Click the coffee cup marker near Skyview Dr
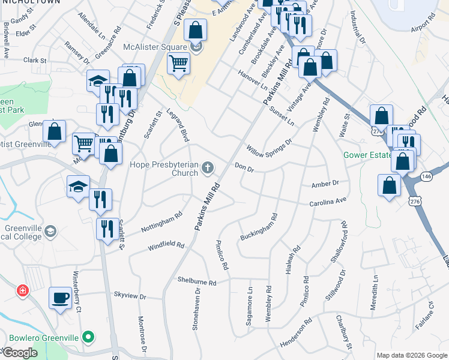(60, 298)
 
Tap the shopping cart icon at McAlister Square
(178, 62)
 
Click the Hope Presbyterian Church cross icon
(208, 167)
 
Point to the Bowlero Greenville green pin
(89, 337)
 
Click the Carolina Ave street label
(328, 202)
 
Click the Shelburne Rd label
(196, 281)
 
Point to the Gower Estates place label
(366, 155)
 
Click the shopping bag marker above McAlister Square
(196, 29)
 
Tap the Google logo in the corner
(20, 353)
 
